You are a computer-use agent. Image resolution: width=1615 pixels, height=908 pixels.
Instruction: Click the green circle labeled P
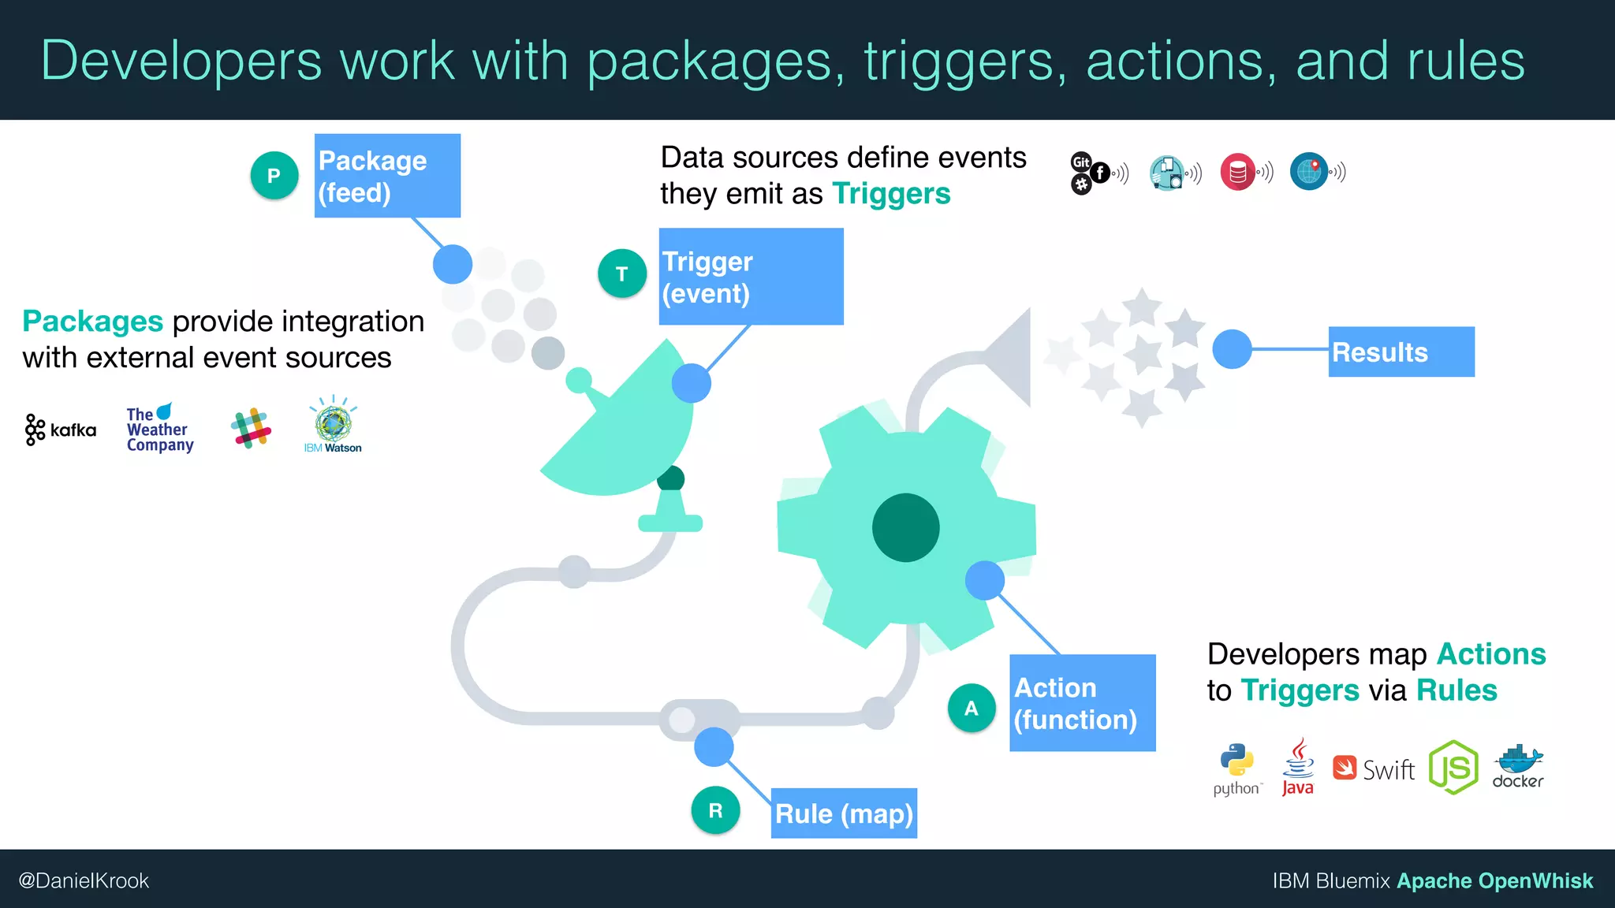click(274, 175)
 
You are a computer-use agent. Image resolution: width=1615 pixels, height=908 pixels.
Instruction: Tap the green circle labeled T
click(621, 274)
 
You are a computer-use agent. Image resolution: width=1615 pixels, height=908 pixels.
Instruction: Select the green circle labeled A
click(971, 708)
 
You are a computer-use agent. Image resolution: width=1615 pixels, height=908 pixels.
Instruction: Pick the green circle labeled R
click(715, 810)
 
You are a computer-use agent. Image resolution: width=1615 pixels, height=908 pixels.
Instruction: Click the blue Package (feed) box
click(387, 176)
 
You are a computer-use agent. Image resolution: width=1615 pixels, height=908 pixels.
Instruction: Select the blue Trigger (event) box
click(751, 277)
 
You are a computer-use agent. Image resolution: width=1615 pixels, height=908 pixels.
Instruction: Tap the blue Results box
click(1401, 352)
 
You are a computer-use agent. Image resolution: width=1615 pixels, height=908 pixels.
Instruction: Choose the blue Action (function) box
click(1082, 703)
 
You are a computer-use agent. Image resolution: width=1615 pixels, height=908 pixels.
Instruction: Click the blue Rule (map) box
click(844, 813)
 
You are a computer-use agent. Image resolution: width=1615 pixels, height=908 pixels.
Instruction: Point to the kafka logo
click(61, 430)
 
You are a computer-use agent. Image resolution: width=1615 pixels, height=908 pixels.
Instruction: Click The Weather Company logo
click(159, 429)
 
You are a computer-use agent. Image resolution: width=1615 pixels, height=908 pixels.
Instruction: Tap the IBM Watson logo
click(333, 426)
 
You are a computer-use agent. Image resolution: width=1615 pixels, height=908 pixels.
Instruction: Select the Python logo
click(1237, 769)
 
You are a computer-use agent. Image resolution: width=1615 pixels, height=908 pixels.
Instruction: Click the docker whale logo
click(1518, 766)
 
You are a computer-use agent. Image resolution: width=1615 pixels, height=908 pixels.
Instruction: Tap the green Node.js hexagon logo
click(1453, 767)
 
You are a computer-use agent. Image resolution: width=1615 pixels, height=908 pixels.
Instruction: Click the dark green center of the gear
click(905, 527)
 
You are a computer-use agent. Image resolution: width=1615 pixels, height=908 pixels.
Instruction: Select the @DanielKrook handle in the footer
click(84, 880)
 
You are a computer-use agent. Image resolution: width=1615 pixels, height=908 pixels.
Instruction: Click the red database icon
click(1237, 172)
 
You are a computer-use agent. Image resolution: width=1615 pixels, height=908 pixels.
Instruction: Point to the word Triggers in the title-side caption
click(891, 194)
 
